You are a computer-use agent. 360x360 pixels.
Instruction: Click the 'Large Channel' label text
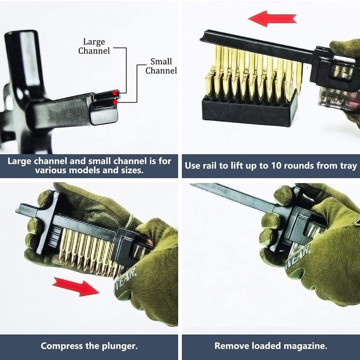(94, 46)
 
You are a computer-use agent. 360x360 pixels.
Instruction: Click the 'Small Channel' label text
(161, 66)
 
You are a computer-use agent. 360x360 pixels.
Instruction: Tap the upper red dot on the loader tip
(114, 93)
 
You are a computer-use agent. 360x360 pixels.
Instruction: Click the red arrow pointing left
(272, 18)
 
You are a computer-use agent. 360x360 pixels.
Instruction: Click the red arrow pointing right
(76, 287)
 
